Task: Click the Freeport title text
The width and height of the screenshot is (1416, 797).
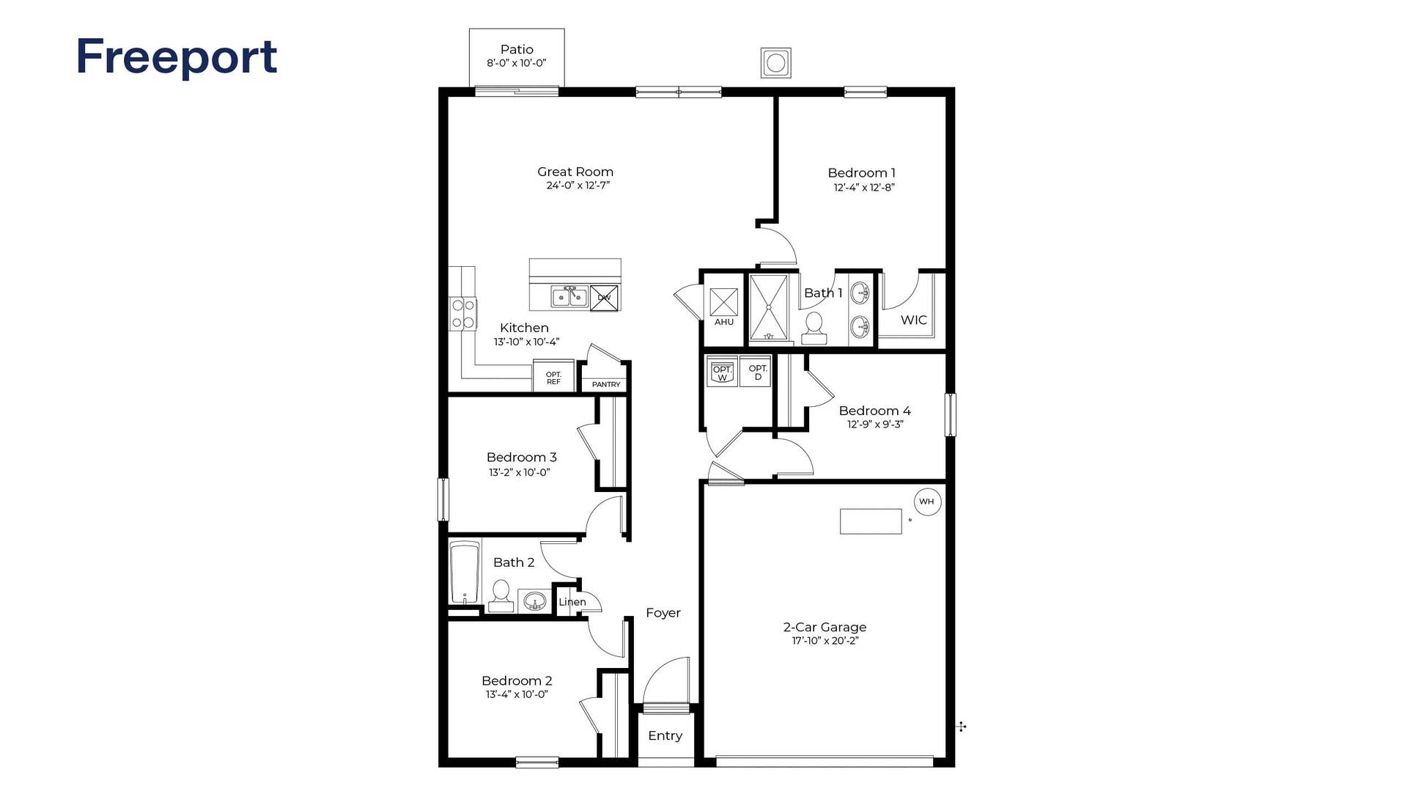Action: click(177, 57)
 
